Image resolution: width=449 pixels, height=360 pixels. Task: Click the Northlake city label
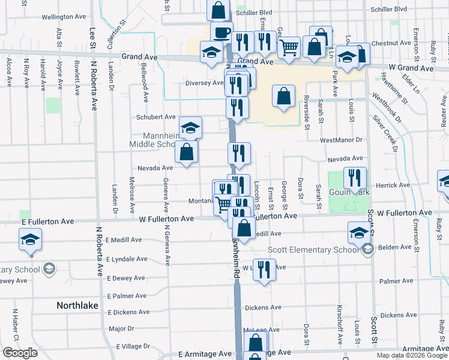[77, 305]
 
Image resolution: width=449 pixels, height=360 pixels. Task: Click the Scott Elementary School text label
[313, 250]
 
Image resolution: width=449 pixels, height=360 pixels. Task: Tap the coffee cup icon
[221, 31]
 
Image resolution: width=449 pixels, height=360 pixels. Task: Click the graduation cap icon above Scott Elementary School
[358, 232]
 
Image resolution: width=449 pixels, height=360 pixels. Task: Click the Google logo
[20, 353]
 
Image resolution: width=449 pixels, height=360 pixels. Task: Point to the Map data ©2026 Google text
[411, 355]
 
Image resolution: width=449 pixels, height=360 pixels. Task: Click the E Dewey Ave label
[125, 278]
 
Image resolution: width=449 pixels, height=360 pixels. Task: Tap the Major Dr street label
[121, 329]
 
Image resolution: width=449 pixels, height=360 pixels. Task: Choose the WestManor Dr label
[342, 140]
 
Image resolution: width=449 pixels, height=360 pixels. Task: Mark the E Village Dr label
[133, 346]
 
